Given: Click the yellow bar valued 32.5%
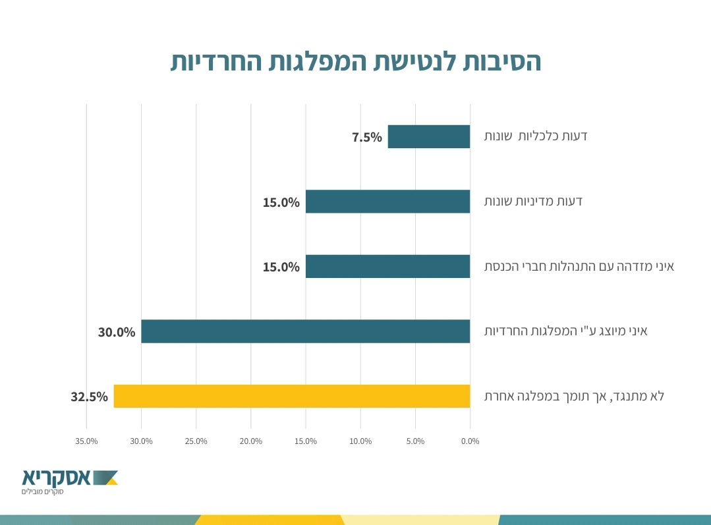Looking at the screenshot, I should click(x=291, y=396).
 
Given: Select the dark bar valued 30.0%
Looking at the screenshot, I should click(x=305, y=331).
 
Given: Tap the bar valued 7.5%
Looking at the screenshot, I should click(x=428, y=136).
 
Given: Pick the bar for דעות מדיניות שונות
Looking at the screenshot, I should click(x=387, y=202).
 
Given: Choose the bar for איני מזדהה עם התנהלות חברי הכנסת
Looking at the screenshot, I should click(x=387, y=266).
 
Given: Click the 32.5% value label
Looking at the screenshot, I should click(x=89, y=397).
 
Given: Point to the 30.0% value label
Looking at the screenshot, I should click(x=117, y=332).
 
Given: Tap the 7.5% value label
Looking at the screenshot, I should click(x=367, y=137).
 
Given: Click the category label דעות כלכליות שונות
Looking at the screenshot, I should click(x=536, y=136).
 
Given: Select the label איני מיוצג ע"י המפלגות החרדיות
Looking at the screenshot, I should click(x=566, y=331).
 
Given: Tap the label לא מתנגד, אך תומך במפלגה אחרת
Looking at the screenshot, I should click(x=574, y=396).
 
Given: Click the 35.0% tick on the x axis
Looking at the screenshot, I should click(x=87, y=441).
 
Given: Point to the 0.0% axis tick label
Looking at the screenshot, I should click(x=470, y=441).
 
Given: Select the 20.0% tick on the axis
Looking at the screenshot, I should click(x=251, y=441).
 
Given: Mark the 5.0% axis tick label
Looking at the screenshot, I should click(x=415, y=441).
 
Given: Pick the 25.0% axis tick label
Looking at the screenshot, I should click(x=196, y=441).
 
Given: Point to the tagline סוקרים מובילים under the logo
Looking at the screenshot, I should click(x=41, y=491).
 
